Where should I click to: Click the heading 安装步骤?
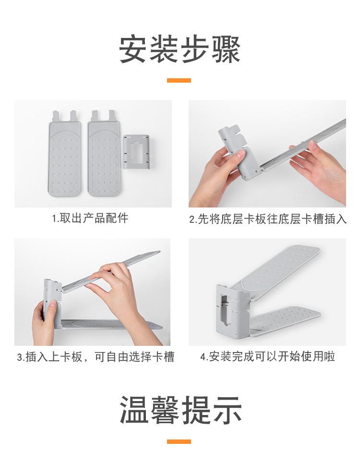180,49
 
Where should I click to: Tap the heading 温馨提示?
180,410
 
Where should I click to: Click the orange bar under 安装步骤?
179,80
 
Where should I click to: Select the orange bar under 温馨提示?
179,441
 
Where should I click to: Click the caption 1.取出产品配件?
90,218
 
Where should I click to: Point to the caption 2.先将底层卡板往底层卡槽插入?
268,219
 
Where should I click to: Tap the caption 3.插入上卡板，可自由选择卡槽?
96,357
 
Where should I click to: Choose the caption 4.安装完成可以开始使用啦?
267,356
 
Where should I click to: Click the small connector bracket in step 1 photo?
136,152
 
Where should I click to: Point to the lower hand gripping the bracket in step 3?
45,323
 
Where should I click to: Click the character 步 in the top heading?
195,49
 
